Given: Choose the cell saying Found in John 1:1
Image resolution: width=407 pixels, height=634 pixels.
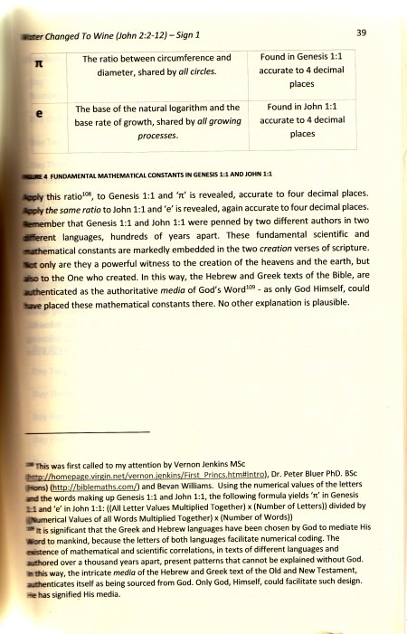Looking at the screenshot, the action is [305, 119].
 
